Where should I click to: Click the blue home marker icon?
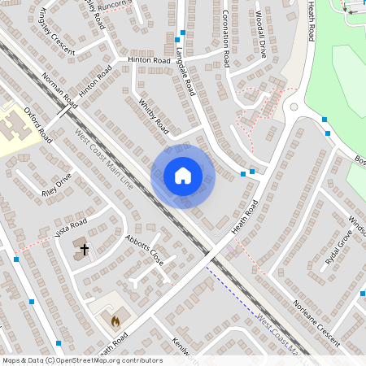pyautogui.click(x=183, y=176)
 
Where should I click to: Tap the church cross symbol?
pyautogui.click(x=84, y=249)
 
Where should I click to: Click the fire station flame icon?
pyautogui.click(x=115, y=321)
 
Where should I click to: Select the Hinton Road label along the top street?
pyautogui.click(x=147, y=60)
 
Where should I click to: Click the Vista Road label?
pyautogui.click(x=70, y=229)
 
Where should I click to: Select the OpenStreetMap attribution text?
pyautogui.click(x=81, y=360)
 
